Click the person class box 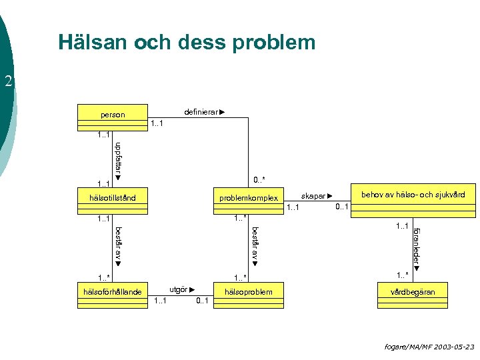pos(112,115)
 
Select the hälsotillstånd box pos(112,198)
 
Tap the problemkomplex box pos(248,198)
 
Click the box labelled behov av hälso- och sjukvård pos(413,195)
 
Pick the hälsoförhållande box pos(112,292)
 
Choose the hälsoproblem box pos(248,292)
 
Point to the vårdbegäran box pos(413,292)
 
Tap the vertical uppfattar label pos(118,159)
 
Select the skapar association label pos(316,196)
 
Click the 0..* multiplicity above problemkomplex pos(259,179)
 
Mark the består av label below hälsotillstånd pos(118,244)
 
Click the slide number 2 pos(8,82)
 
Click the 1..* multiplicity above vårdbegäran pos(403,275)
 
